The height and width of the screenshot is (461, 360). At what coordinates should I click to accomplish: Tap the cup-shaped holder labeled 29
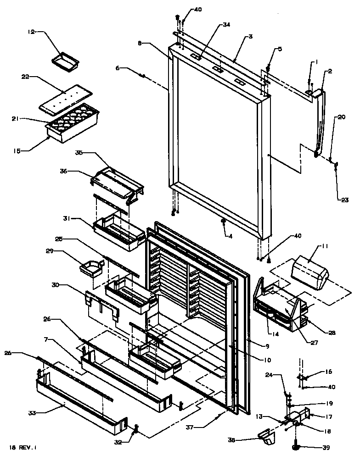tap(91, 268)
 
